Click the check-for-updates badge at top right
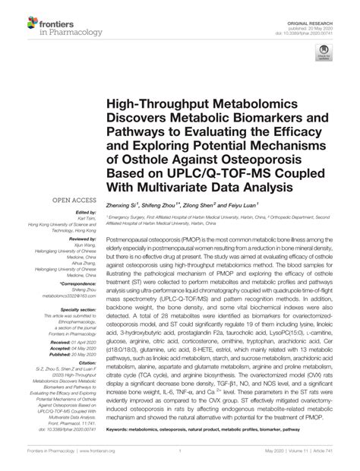point(324,53)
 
